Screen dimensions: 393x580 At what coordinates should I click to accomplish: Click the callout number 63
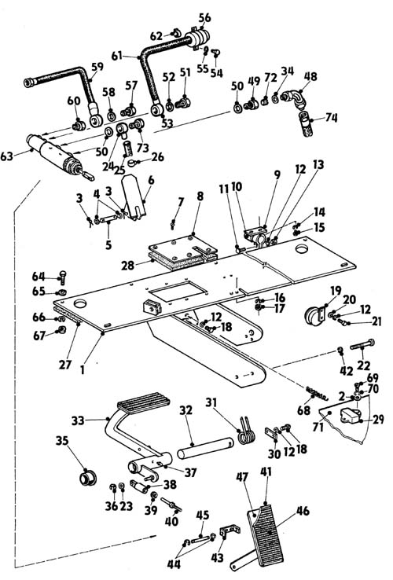click(x=7, y=156)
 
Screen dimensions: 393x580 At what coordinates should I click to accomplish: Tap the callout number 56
click(x=204, y=17)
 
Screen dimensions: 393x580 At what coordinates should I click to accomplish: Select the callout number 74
click(x=331, y=118)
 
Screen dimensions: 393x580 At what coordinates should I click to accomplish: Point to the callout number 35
click(x=63, y=441)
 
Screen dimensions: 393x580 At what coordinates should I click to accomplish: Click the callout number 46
click(x=303, y=511)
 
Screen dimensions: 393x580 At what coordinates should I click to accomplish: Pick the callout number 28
click(x=127, y=265)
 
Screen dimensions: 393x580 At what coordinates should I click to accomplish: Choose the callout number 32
click(x=186, y=410)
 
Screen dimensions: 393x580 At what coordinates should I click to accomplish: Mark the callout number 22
click(x=363, y=365)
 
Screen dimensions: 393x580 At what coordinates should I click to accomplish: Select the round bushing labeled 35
click(x=88, y=477)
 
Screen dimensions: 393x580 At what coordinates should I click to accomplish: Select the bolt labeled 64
click(x=62, y=277)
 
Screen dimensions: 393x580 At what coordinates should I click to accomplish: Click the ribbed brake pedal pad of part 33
click(x=144, y=401)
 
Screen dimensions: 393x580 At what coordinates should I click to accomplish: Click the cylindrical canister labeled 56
click(x=196, y=39)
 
